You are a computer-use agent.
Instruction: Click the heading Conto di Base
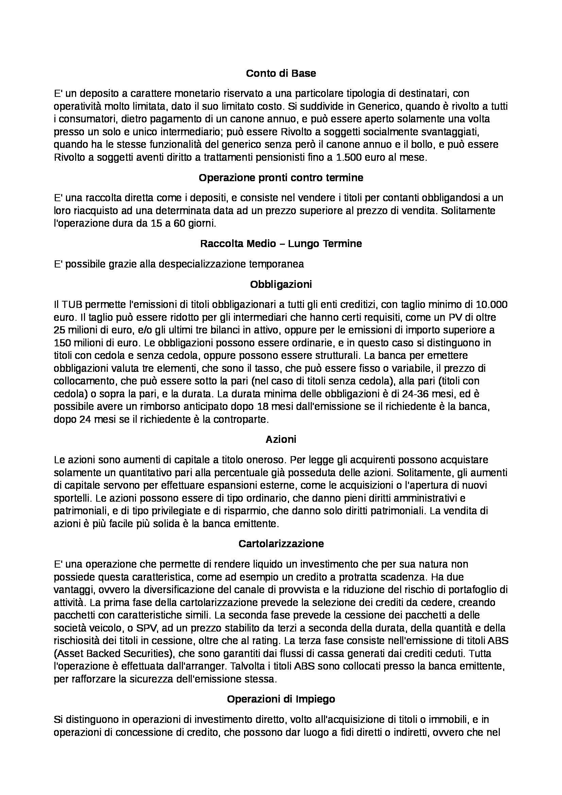[281, 73]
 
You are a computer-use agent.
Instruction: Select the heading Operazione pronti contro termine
[281, 178]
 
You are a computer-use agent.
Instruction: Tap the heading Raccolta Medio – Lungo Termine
[281, 243]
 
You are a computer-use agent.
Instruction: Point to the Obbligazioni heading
[281, 284]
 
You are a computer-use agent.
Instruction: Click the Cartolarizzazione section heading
[281, 543]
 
